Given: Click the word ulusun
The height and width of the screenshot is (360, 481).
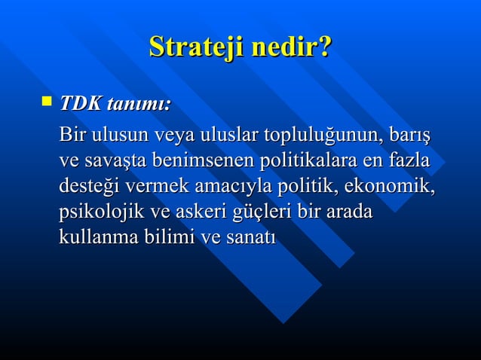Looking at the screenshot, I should pyautogui.click(x=119, y=136).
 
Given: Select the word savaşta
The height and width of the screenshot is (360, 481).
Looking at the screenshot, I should pyautogui.click(x=119, y=161).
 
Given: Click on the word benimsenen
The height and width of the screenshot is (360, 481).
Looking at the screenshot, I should pyautogui.click(x=204, y=161).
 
